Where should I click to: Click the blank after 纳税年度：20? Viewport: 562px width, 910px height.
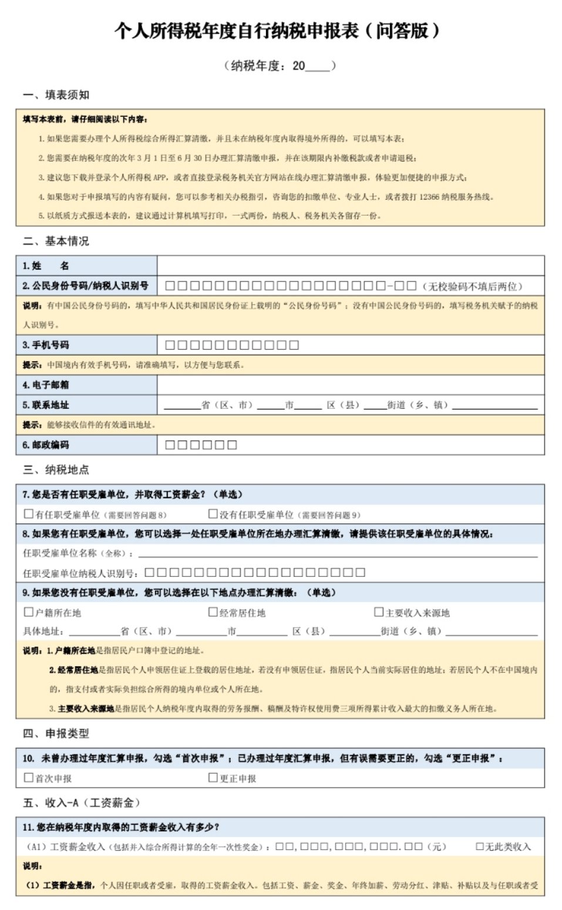pos(318,66)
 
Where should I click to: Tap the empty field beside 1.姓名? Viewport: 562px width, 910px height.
pos(350,266)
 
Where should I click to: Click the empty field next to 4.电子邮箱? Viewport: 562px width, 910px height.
pos(350,385)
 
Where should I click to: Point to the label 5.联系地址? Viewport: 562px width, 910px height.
pos(46,405)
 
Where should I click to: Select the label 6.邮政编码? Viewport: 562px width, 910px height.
pos(46,445)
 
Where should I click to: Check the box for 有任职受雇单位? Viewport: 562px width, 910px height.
pos(28,514)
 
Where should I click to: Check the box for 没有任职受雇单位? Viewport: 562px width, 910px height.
pos(213,514)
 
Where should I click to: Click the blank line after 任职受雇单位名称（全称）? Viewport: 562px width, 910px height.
pos(338,553)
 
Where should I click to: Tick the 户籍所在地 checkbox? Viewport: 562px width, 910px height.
pos(28,612)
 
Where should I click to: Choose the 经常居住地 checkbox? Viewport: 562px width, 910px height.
pos(213,612)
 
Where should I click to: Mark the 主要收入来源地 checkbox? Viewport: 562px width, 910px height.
pos(379,612)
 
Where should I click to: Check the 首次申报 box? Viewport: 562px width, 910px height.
pos(28,778)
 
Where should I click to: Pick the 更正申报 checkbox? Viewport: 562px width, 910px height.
pos(213,778)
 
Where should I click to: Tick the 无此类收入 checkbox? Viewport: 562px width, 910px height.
pos(480,847)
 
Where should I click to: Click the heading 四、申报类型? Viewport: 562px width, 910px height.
pos(56,733)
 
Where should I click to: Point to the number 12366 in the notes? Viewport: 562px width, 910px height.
pos(429,197)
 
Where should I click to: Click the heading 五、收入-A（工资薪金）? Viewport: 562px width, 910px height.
pos(82,802)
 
